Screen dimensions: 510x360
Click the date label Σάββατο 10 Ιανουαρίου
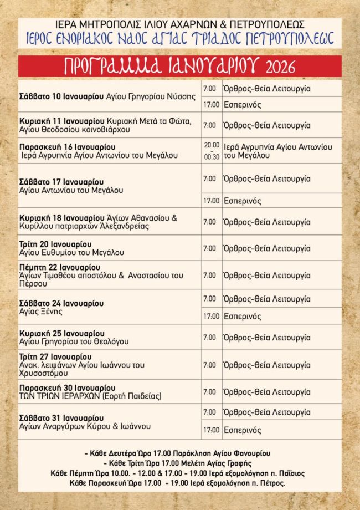coord(61,96)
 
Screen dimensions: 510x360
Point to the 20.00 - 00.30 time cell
coord(212,151)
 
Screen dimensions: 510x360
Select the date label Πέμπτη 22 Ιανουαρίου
coord(58,267)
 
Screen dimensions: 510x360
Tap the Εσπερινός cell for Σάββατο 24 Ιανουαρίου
coord(242,317)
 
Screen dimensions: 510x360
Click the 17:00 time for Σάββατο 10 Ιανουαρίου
coord(210,105)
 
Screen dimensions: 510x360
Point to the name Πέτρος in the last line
coord(272,483)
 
